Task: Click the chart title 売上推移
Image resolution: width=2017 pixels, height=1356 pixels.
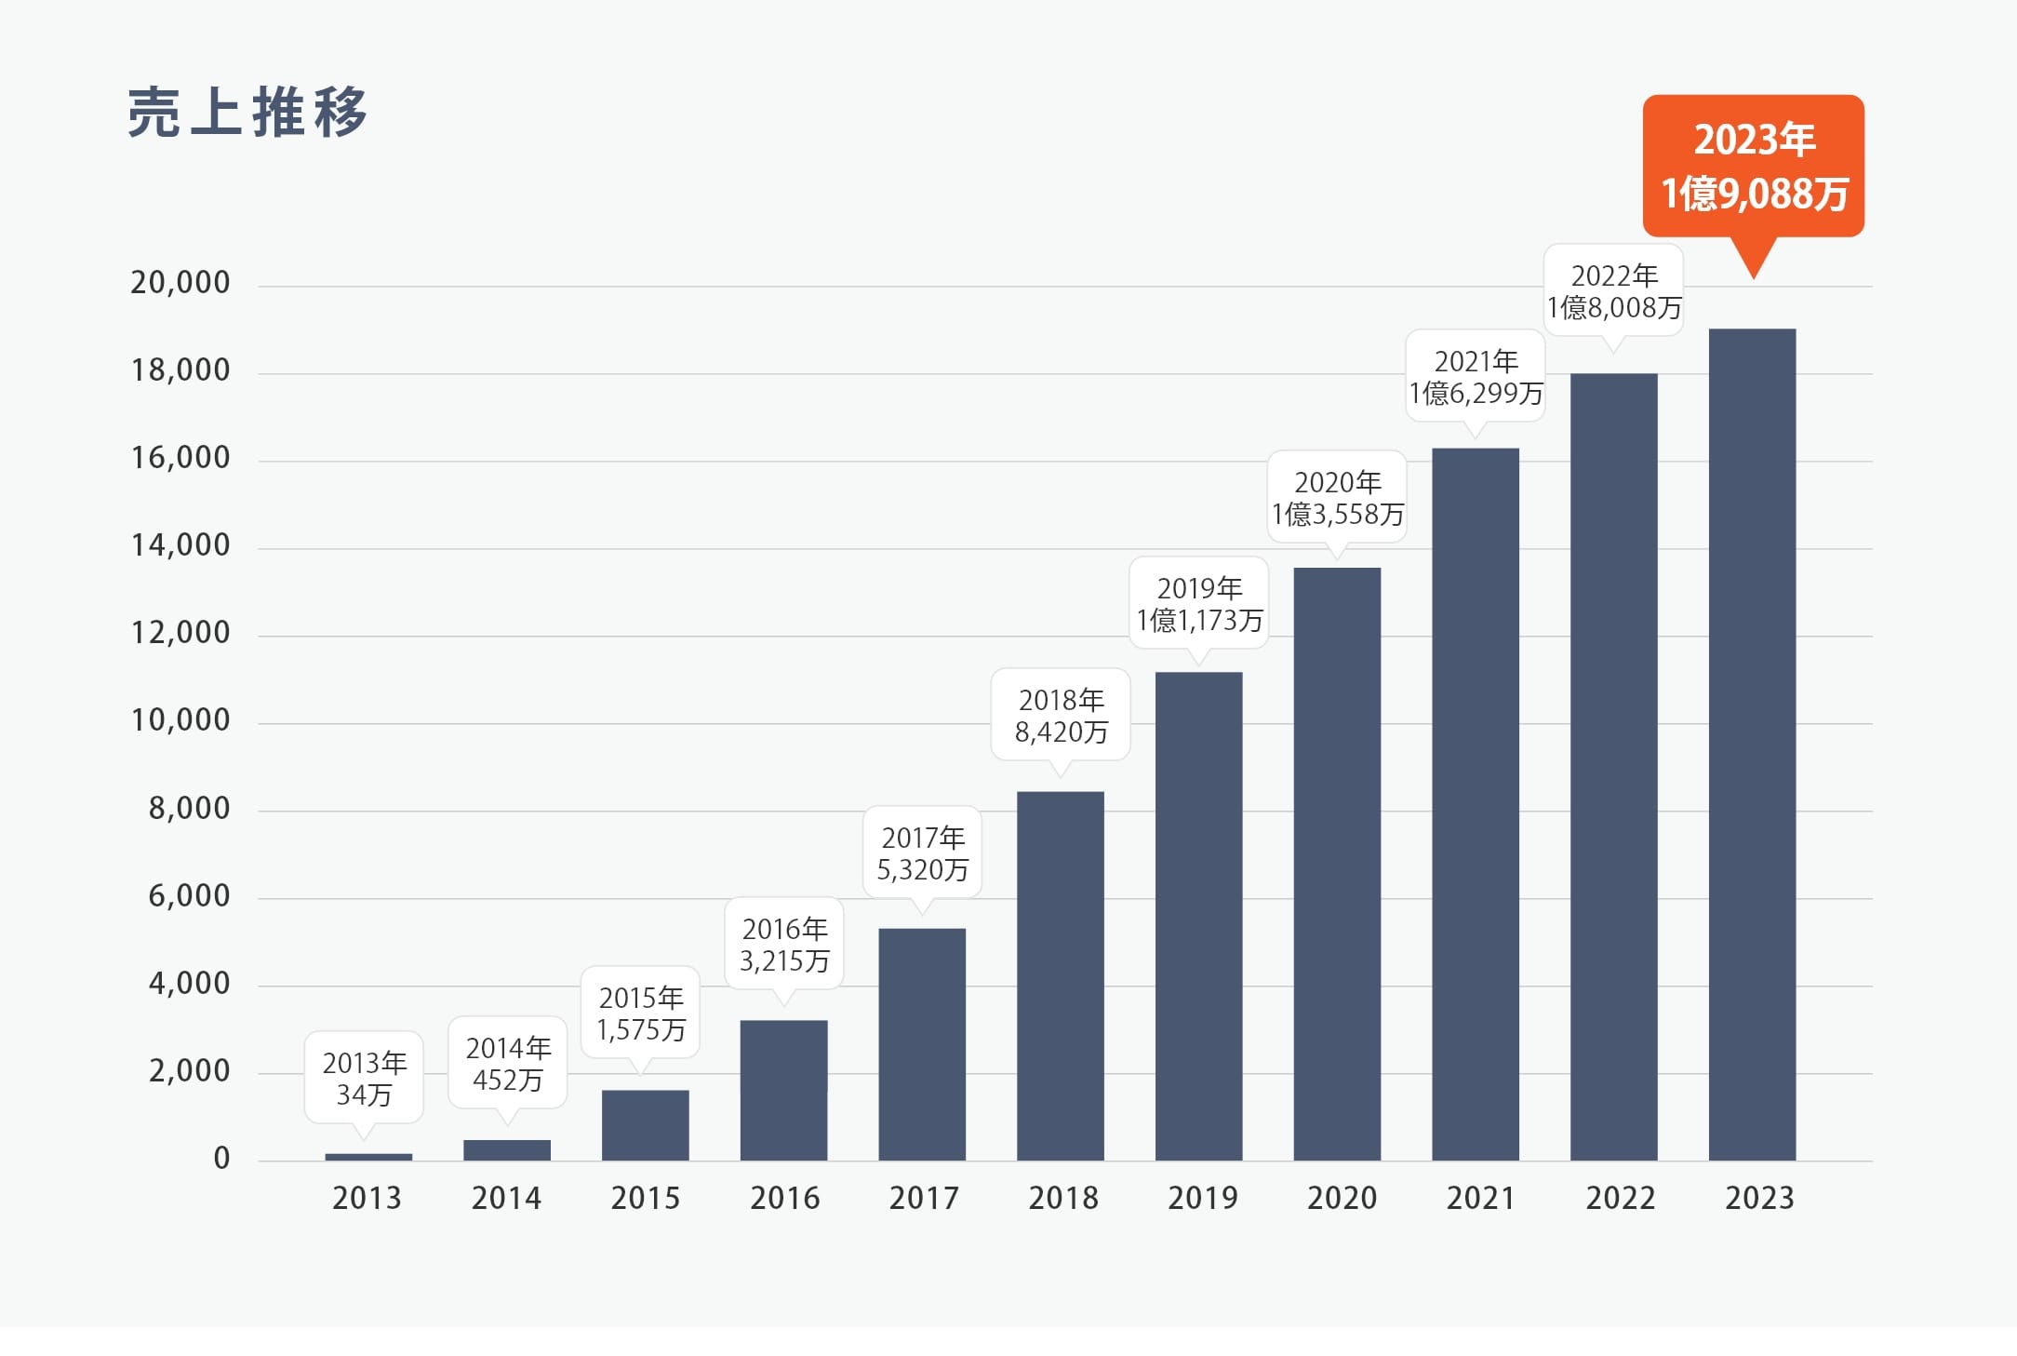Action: tap(247, 113)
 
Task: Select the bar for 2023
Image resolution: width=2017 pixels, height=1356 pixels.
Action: tap(1752, 745)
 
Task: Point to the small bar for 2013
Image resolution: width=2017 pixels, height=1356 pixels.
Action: tap(368, 1157)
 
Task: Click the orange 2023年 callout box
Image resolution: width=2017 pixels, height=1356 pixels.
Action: tap(1754, 167)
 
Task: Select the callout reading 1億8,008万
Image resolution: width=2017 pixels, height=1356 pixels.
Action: tap(1614, 291)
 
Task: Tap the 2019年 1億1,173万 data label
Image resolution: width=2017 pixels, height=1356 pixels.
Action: tap(1199, 604)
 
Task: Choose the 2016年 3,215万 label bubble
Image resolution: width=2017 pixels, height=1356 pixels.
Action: tap(784, 945)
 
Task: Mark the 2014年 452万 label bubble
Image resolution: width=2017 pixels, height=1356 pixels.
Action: tap(508, 1064)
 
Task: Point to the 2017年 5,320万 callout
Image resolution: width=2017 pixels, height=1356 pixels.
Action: tap(923, 853)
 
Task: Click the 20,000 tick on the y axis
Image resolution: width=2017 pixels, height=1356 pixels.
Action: tap(180, 283)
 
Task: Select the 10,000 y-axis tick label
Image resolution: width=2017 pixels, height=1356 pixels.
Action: tap(180, 720)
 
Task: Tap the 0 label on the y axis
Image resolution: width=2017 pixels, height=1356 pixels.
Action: tap(221, 1159)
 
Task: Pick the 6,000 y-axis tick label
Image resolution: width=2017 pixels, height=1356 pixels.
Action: tap(189, 896)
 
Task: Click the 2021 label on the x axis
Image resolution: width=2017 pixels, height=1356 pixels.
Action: tap(1480, 1198)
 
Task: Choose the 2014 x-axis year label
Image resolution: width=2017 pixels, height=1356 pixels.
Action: tap(506, 1198)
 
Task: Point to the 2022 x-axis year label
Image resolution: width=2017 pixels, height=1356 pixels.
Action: tap(1620, 1198)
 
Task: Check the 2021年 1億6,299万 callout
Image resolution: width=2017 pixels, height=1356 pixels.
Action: tap(1476, 377)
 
